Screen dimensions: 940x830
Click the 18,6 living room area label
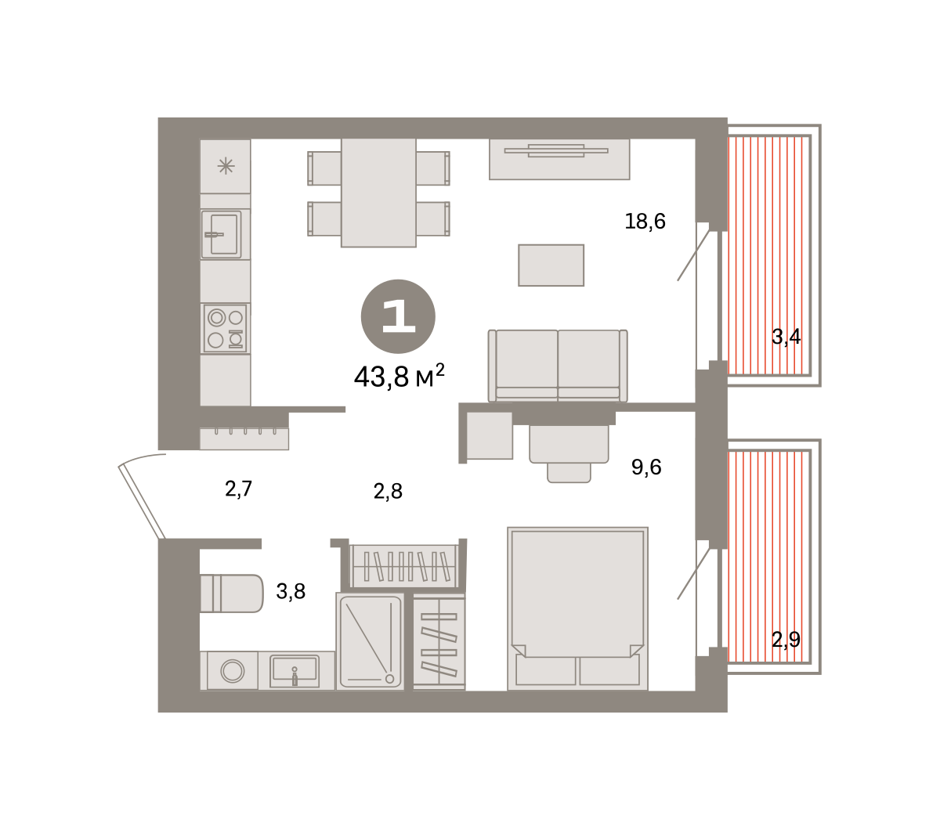645,222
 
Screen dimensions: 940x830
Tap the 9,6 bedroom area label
645,467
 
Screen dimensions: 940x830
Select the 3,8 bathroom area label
291,591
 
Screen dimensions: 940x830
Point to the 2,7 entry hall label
238,489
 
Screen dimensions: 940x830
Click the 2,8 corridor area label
388,491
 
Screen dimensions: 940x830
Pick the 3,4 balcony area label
786,337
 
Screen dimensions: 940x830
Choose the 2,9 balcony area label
786,640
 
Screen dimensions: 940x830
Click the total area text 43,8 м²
399,376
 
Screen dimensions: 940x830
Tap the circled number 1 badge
398,316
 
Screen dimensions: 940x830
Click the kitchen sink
222,234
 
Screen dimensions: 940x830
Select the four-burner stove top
225,328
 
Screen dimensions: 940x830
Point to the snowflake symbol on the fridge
226,166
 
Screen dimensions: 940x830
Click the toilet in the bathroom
232,594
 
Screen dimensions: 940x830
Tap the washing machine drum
233,671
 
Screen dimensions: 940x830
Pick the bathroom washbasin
295,671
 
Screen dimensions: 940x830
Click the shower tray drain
390,679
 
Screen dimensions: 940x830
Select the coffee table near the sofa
551,265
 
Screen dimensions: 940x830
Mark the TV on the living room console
556,151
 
